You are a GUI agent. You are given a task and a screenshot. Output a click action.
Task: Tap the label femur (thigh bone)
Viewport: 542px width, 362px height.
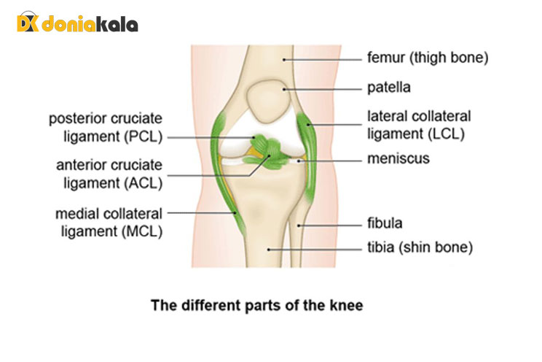coord(426,57)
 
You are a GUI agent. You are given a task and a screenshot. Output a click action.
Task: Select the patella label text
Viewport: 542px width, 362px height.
coord(389,88)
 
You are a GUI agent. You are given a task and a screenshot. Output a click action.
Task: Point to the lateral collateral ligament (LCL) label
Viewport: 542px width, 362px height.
coord(419,125)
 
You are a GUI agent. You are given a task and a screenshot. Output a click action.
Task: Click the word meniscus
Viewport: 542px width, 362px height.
coord(398,158)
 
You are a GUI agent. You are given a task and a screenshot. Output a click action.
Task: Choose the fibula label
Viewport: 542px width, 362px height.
coord(385,223)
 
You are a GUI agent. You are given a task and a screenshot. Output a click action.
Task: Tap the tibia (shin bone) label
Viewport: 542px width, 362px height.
coord(420,248)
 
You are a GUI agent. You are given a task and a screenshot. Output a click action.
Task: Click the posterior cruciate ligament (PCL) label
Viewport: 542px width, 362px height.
coord(106,127)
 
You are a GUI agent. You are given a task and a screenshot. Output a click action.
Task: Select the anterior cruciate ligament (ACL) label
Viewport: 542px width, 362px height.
coord(109,174)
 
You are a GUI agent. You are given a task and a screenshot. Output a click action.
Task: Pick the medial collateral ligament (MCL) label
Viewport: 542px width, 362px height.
coord(109,222)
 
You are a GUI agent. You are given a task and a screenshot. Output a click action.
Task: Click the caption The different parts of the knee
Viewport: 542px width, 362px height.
coord(256,304)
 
